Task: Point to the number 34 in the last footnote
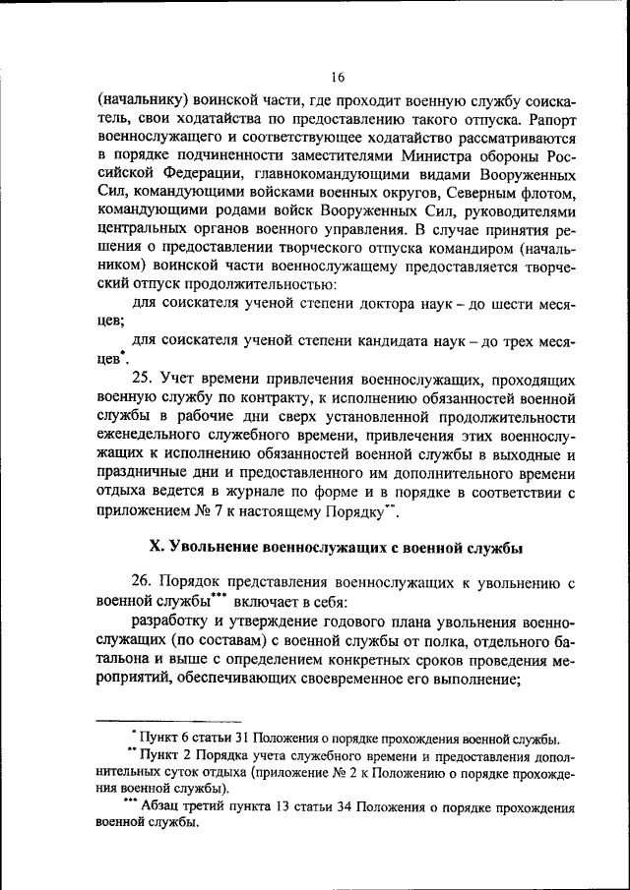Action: tap(343, 807)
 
